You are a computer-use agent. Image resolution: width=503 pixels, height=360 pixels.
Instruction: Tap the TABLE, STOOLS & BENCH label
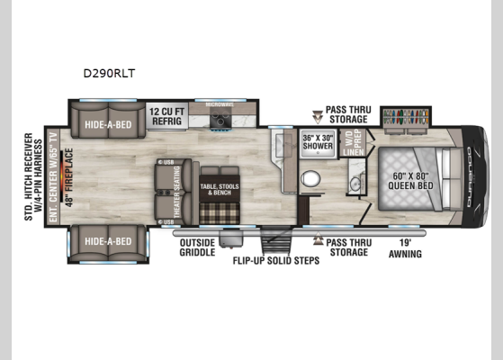tap(220, 189)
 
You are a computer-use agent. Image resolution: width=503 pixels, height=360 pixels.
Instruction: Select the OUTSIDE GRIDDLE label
tap(197, 247)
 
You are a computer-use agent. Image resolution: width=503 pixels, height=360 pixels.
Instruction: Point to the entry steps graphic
tap(276, 240)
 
